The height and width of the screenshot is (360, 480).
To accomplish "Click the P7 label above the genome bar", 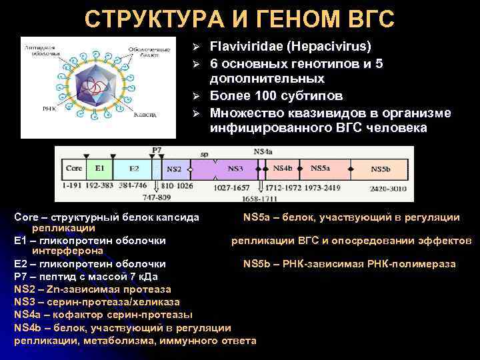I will pos(157,150).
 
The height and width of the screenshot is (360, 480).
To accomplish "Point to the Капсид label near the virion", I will pos(145,115).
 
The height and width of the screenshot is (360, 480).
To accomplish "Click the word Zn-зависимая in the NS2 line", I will pos(76,289).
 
